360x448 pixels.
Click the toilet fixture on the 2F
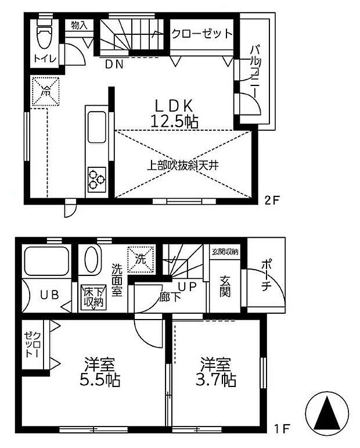44,34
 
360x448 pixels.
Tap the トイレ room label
44,58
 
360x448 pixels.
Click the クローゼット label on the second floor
201,34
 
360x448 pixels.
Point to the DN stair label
114,65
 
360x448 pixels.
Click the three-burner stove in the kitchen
96,179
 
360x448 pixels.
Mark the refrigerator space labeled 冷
45,91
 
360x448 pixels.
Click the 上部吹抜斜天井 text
181,164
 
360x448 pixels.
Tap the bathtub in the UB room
45,260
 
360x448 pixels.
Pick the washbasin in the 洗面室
91,260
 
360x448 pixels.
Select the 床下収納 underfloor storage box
93,297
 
